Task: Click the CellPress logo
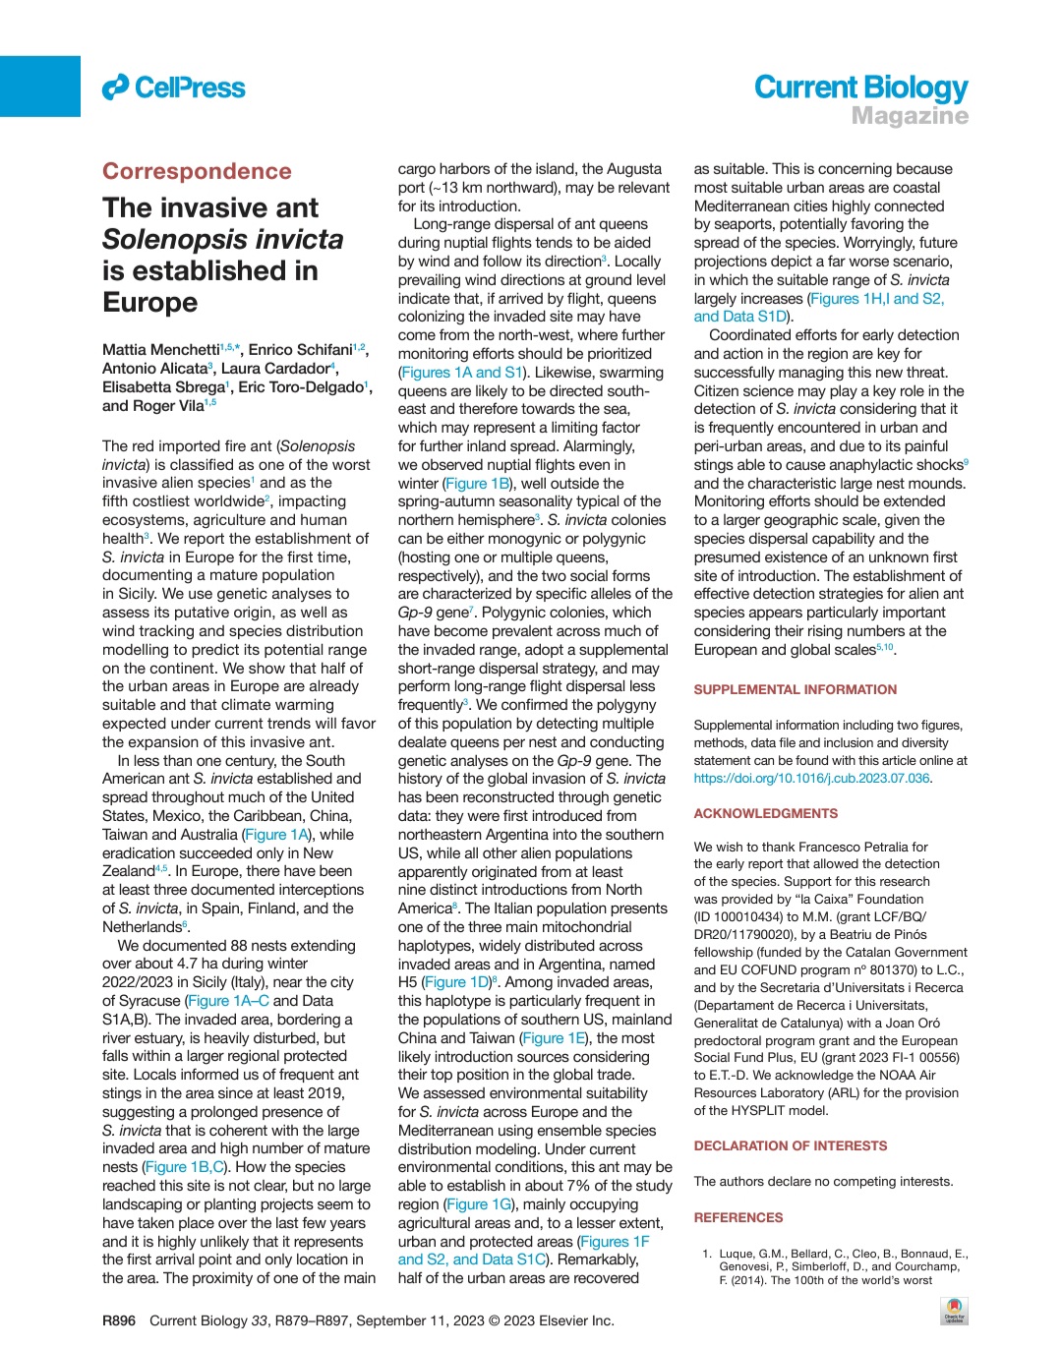pyautogui.click(x=174, y=88)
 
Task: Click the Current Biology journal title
pyautogui.click(x=860, y=88)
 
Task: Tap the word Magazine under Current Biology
pyautogui.click(x=910, y=116)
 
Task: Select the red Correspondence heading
pyautogui.click(x=197, y=171)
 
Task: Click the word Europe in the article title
pyautogui.click(x=150, y=302)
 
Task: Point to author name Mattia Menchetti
pyautogui.click(x=160, y=350)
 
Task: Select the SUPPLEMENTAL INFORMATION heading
pyautogui.click(x=795, y=690)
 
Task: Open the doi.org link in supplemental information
pyautogui.click(x=811, y=778)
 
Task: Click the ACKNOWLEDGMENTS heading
pyautogui.click(x=766, y=814)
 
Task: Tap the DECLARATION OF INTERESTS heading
pyautogui.click(x=791, y=1146)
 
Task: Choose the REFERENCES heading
pyautogui.click(x=738, y=1218)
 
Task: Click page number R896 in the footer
pyautogui.click(x=119, y=1320)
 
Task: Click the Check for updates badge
pyautogui.click(x=954, y=1312)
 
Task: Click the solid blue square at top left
pyautogui.click(x=40, y=87)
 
